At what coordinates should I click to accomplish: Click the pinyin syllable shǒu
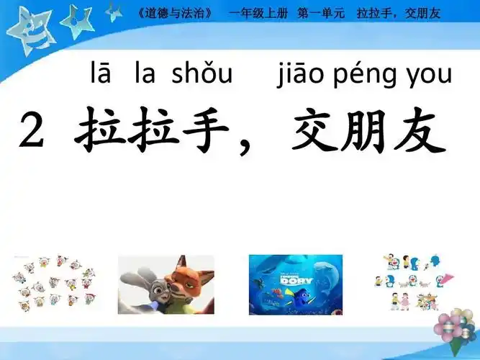point(207,73)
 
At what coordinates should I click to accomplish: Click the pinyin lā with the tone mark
point(101,73)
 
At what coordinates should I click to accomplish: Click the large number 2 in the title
point(36,132)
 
